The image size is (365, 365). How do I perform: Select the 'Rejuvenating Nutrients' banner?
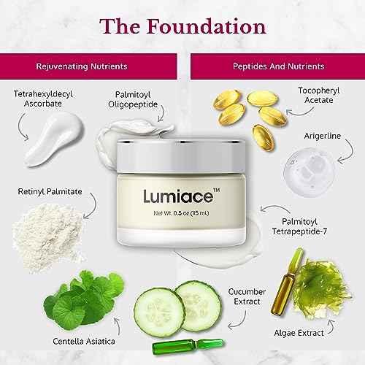(x=88, y=66)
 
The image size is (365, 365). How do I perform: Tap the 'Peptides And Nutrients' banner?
(x=277, y=66)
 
